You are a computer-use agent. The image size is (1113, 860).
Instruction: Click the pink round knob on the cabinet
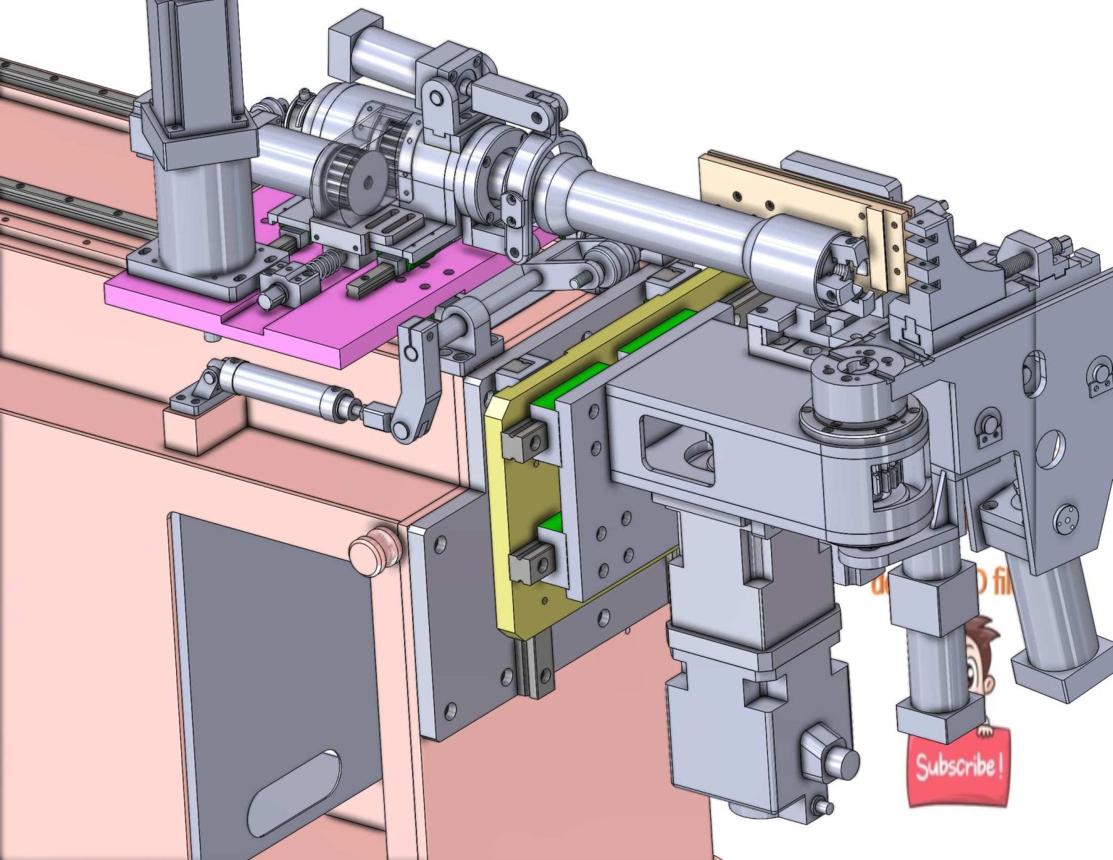coord(375,552)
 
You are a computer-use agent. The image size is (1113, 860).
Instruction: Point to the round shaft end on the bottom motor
coord(841,761)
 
